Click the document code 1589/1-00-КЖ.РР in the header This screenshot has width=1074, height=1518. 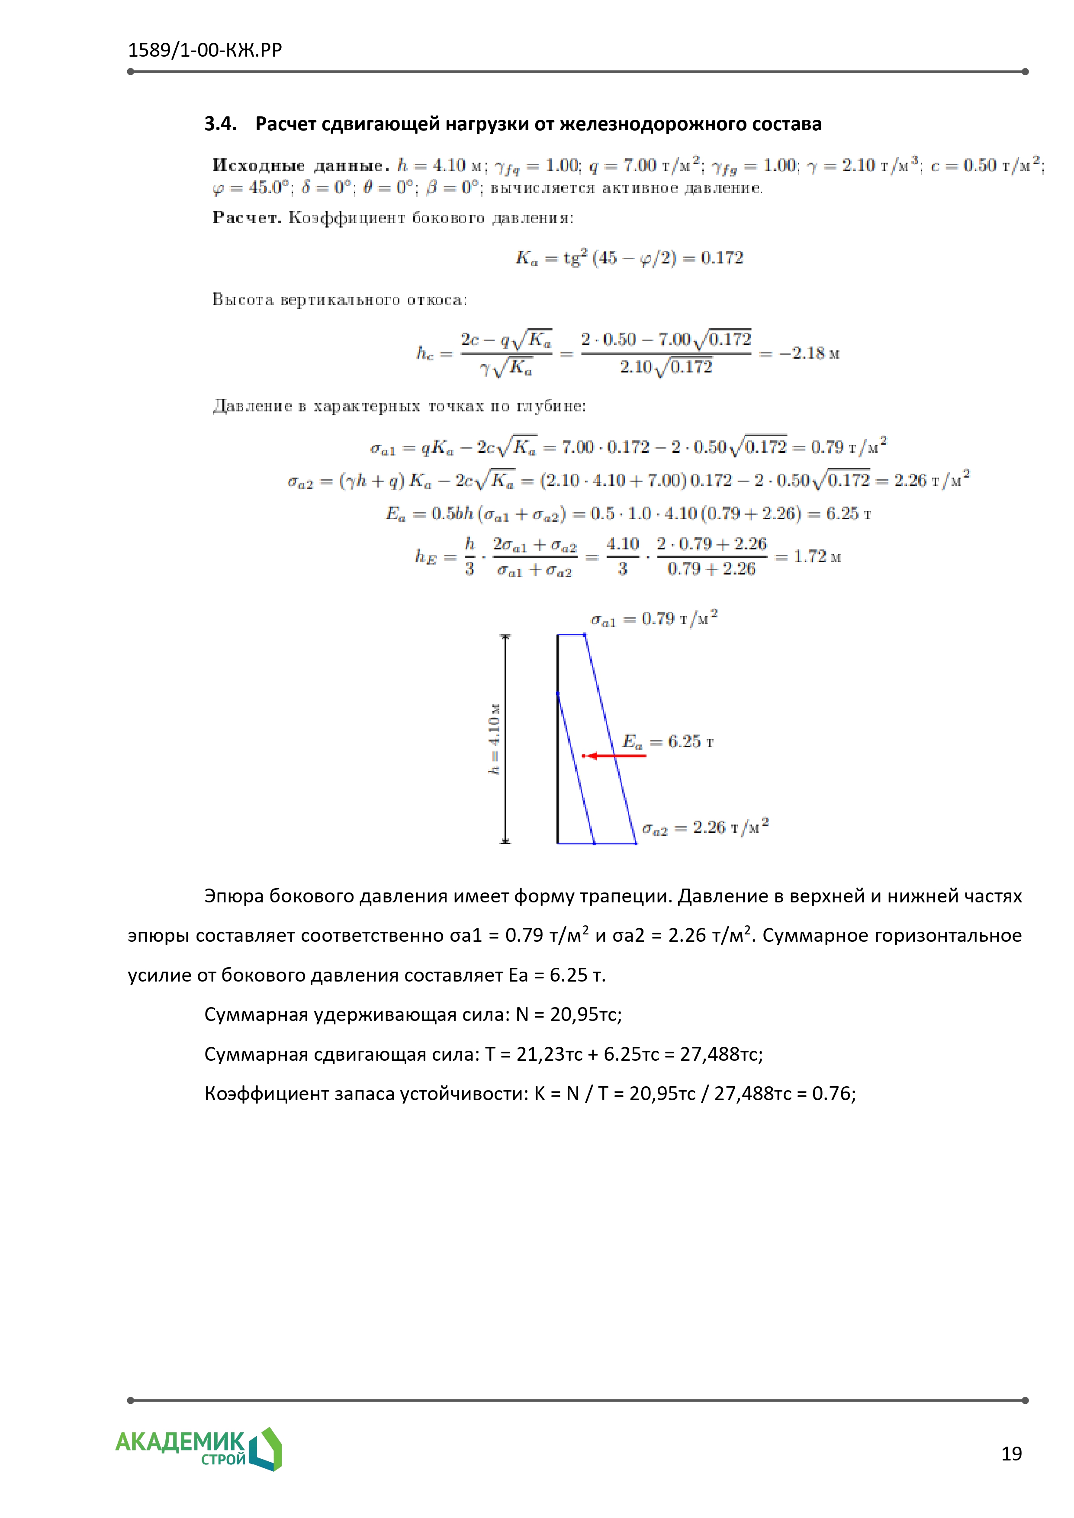(x=204, y=50)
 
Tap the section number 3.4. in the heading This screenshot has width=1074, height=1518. (x=220, y=124)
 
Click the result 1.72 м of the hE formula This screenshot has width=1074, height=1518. (x=817, y=557)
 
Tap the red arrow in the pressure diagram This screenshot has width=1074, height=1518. (x=615, y=756)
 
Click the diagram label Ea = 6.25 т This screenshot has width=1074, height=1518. (x=667, y=742)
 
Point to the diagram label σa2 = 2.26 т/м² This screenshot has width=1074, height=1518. (x=705, y=828)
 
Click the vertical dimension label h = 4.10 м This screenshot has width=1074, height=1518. (x=494, y=738)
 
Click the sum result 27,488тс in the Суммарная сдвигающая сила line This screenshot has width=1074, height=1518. (x=721, y=1054)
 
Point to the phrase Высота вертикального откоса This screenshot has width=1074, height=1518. (x=339, y=300)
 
